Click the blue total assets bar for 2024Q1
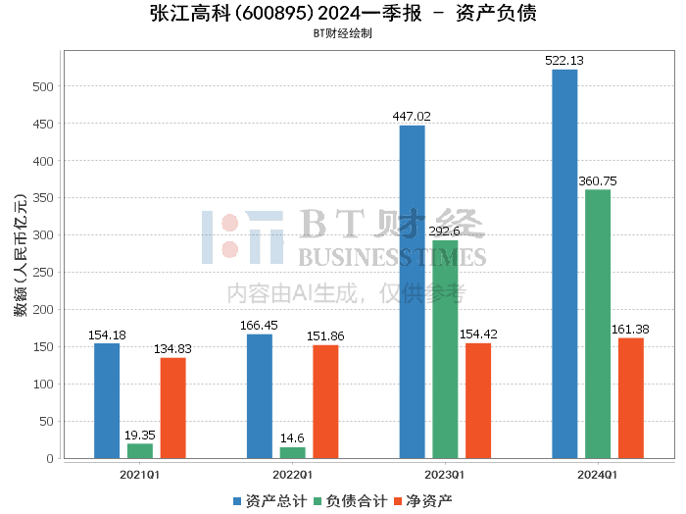click(x=564, y=264)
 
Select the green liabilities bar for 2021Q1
click(x=140, y=451)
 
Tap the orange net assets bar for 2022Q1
click(x=325, y=401)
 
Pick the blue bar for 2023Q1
click(x=412, y=291)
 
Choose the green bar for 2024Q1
click(x=598, y=324)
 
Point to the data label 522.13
click(x=564, y=61)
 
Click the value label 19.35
click(x=140, y=435)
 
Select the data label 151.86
click(x=325, y=336)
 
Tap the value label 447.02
click(x=412, y=117)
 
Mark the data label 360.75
click(x=598, y=180)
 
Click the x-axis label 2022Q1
click(x=292, y=475)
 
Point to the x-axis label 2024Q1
click(x=598, y=475)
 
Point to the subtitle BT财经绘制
click(x=342, y=32)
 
